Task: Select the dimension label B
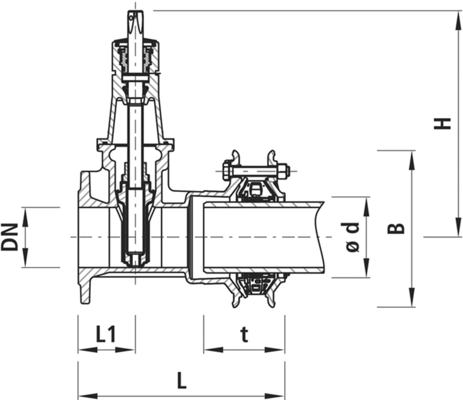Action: point(396,228)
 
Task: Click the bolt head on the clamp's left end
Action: point(227,171)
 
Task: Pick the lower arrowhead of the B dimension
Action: point(412,301)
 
